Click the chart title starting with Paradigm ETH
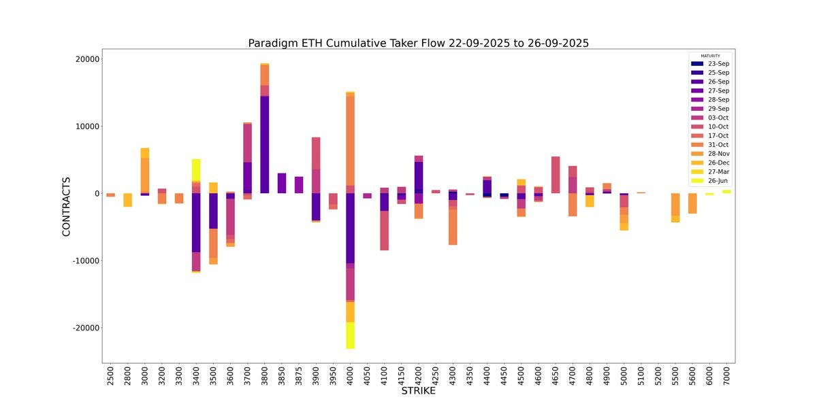(x=418, y=43)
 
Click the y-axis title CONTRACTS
(x=66, y=206)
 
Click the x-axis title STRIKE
(x=418, y=391)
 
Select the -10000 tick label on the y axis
(x=84, y=260)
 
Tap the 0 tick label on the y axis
(x=96, y=193)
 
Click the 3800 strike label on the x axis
(x=264, y=377)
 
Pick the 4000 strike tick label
(x=350, y=377)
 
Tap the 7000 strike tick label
(x=726, y=377)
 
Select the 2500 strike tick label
(x=110, y=377)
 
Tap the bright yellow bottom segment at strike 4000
(x=350, y=335)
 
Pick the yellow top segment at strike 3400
(x=196, y=170)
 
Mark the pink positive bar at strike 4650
(x=556, y=175)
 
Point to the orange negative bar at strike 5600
(x=692, y=203)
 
